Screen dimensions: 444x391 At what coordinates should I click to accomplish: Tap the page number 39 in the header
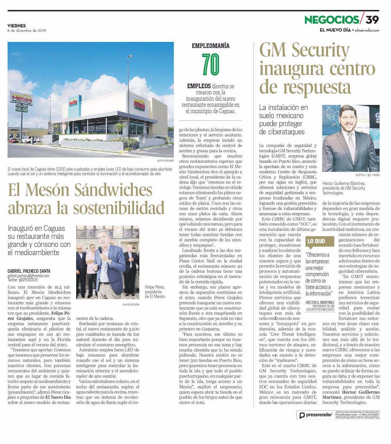click(372, 20)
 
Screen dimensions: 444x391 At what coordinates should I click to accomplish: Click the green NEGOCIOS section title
click(332, 20)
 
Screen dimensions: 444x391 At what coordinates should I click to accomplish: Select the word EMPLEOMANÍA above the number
click(210, 46)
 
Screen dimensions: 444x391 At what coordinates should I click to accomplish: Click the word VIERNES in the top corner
click(17, 25)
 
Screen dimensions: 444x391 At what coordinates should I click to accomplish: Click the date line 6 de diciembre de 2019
click(27, 31)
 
